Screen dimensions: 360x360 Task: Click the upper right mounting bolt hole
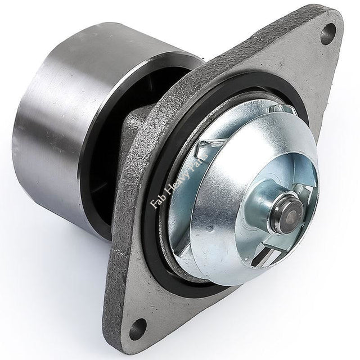coord(328,34)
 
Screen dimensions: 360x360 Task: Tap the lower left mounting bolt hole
coord(138,328)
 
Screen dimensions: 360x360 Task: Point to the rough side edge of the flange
coord(121,236)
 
